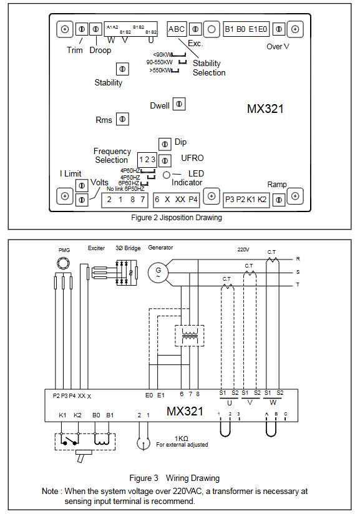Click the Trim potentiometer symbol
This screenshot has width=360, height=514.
point(82,29)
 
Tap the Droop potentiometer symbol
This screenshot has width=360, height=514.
point(95,29)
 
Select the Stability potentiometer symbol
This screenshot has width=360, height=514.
point(123,69)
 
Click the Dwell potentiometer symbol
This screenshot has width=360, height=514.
point(179,104)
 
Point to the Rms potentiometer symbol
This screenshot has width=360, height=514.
point(123,119)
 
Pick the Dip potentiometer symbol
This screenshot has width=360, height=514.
point(165,144)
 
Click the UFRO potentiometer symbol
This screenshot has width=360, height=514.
point(165,161)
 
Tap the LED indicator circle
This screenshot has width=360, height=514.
point(167,175)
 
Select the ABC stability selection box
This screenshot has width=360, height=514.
point(177,29)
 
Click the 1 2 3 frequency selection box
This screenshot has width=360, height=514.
point(147,160)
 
